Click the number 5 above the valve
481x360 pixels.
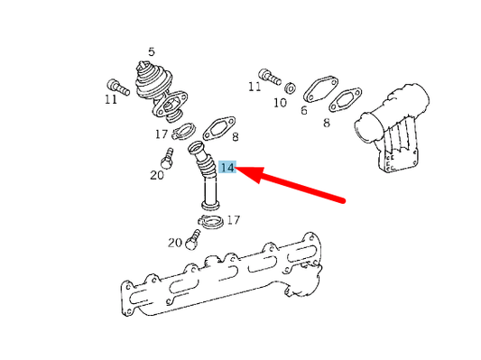[151, 51]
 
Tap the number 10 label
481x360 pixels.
[280, 103]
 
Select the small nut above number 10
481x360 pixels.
[291, 88]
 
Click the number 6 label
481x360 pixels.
[304, 111]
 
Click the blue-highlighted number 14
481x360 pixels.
[227, 168]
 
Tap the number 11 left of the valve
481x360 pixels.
[110, 99]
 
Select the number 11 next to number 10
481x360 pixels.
[254, 87]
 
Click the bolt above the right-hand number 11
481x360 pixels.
[266, 72]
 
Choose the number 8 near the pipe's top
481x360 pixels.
[234, 137]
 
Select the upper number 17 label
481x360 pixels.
[161, 135]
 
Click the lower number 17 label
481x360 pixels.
[233, 219]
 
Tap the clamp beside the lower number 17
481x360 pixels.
[209, 221]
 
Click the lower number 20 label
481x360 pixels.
[176, 242]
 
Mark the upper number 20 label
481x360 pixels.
[157, 175]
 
